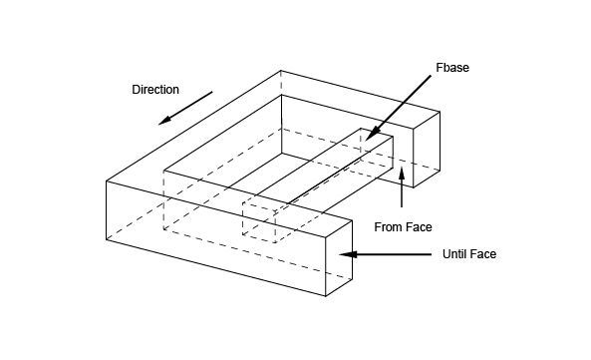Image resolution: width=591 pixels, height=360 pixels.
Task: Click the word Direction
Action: (155, 90)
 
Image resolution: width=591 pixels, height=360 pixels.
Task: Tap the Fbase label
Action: (452, 68)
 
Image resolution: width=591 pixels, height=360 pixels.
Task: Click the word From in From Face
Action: (388, 227)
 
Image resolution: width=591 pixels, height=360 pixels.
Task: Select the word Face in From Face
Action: (418, 227)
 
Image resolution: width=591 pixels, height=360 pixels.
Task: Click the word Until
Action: (452, 254)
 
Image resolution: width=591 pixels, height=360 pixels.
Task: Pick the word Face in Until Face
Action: (482, 254)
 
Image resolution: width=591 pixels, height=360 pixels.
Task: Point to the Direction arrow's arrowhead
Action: (164, 121)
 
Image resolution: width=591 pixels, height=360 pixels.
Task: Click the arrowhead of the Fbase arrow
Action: (372, 135)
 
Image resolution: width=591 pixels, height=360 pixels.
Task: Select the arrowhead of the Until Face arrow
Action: (348, 254)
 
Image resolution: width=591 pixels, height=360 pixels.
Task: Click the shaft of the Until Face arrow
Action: (394, 254)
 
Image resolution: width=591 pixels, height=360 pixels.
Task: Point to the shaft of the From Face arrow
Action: (402, 193)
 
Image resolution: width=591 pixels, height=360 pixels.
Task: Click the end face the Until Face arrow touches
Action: (339, 258)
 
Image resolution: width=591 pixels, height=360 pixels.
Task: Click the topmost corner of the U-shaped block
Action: (280, 71)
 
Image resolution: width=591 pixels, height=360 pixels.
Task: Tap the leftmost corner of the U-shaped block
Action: (107, 181)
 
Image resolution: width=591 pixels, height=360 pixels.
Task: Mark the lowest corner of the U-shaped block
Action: (325, 296)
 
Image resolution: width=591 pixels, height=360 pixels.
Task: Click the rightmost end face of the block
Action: (427, 150)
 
